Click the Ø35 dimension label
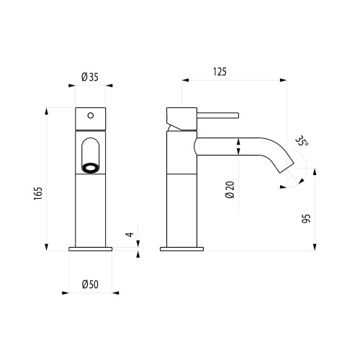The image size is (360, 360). (x=90, y=77)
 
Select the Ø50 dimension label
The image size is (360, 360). (x=90, y=284)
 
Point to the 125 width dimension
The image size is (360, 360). (x=220, y=71)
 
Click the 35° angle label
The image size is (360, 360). (x=302, y=140)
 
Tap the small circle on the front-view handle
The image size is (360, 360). (x=91, y=113)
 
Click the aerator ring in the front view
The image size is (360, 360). (x=91, y=168)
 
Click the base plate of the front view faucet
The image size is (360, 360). (x=91, y=249)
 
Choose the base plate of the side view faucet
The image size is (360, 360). (x=181, y=249)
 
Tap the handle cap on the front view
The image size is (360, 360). (x=91, y=117)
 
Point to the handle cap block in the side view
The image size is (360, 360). (x=179, y=117)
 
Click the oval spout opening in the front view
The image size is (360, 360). (x=91, y=153)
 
